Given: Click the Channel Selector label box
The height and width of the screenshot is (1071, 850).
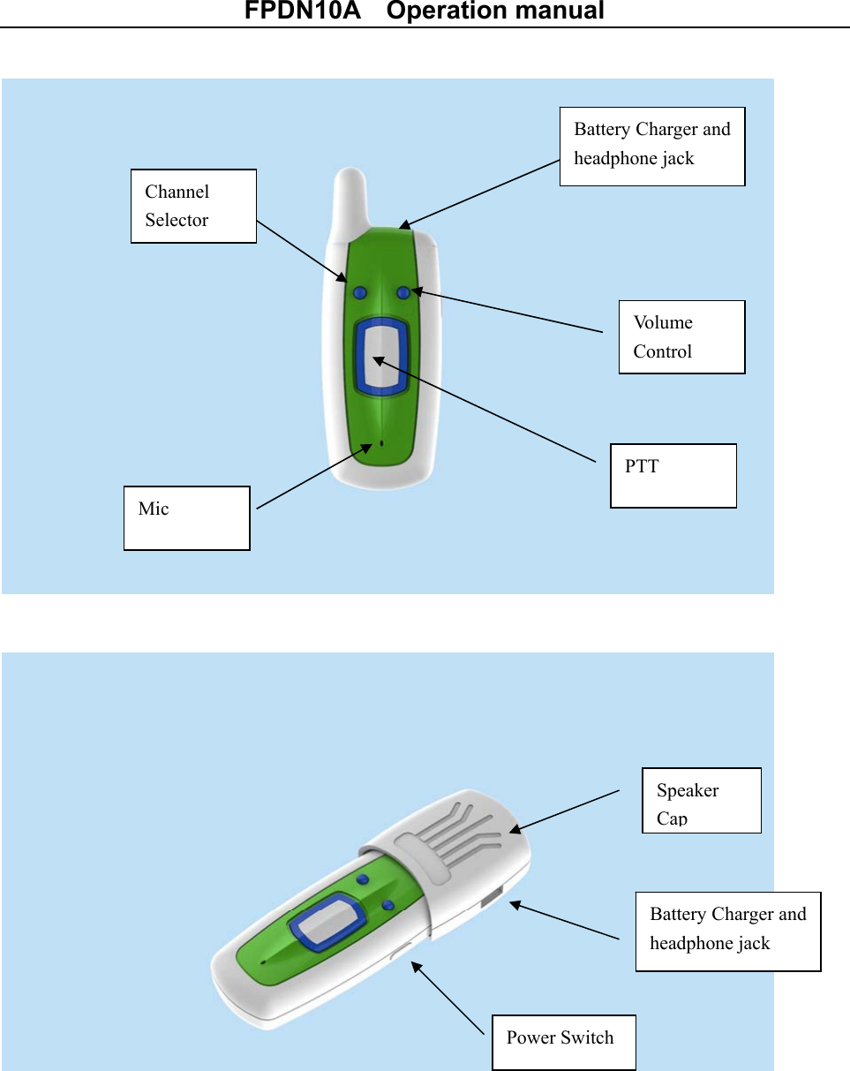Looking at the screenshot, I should click(193, 206).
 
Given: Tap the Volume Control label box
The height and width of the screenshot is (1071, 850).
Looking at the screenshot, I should click(681, 336).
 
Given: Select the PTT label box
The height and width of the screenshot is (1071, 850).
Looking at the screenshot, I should click(673, 475).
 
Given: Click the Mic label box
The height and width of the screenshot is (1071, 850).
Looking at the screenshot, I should click(186, 517).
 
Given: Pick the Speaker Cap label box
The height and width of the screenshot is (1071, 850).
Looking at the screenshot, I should click(701, 800).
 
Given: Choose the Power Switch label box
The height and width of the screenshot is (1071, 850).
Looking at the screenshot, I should click(563, 1042).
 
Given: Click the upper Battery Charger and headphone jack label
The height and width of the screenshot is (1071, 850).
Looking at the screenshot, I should click(652, 146).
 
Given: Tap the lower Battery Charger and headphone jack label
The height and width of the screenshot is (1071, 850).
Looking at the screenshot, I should click(727, 931).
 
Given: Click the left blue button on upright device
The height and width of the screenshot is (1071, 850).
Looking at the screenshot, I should click(359, 292).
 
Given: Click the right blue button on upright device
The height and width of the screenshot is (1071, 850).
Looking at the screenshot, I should click(403, 292).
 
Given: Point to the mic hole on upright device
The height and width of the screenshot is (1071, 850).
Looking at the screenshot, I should click(381, 442).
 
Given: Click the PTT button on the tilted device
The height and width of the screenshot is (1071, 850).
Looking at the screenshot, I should click(328, 918).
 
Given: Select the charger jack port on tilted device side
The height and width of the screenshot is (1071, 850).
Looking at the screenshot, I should click(491, 901).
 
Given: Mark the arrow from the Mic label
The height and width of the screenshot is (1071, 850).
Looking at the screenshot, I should click(313, 476).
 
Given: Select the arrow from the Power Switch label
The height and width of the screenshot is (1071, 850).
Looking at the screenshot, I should click(448, 998).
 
